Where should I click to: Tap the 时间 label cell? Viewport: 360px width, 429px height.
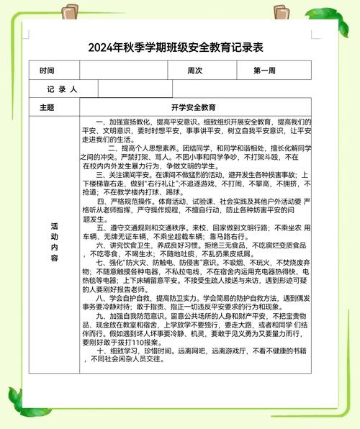(47, 71)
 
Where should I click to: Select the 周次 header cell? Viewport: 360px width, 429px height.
(195, 71)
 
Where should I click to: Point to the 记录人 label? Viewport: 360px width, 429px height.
(62, 89)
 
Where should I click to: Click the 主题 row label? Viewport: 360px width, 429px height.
(47, 107)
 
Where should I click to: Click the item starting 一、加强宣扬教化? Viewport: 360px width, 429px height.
(127, 122)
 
